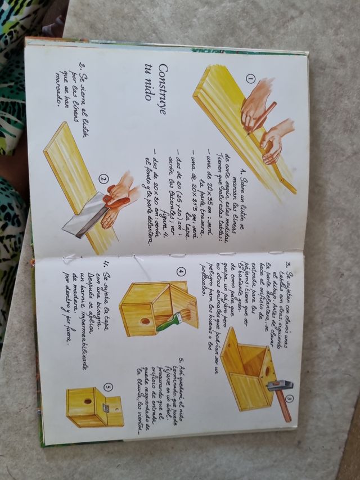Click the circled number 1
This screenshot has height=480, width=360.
coord(250,79)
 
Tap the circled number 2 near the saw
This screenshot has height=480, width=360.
coord(102,180)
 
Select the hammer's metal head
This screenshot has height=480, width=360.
coord(276,386)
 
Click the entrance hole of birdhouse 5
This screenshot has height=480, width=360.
coord(88,402)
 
